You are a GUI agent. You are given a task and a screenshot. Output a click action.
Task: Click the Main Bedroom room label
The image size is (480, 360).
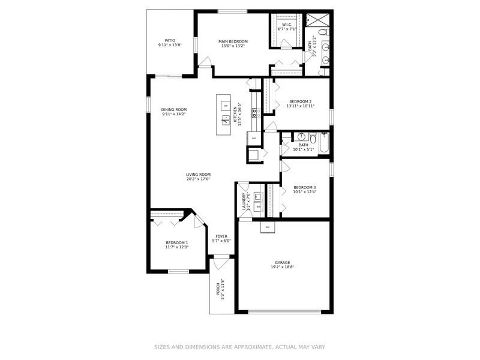pos(233,41)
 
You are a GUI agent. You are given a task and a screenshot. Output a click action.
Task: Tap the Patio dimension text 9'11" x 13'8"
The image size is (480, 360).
pos(170,45)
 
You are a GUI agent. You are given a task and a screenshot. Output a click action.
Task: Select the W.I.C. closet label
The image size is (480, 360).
pos(286,25)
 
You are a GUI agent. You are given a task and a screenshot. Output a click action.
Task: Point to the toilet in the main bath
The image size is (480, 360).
pos(322,32)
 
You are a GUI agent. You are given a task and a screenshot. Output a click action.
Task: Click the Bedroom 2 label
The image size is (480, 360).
pos(300,101)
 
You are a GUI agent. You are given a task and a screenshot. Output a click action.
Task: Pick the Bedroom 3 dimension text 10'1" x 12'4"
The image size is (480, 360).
pos(304,192)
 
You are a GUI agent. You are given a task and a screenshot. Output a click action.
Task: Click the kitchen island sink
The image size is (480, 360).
pos(226,121)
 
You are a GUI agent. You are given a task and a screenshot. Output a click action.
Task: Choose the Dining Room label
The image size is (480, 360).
pos(174,109)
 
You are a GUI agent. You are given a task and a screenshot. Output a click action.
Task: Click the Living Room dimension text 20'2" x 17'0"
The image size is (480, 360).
pos(198,179)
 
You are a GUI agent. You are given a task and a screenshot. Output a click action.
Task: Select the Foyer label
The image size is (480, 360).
pos(222,236)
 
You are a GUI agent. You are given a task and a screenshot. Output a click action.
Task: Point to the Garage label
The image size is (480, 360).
pos(283,262)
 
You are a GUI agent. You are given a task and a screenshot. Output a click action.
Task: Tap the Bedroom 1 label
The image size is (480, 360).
pos(177,242)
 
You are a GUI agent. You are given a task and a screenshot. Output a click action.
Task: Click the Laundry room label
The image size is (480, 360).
pos(244,200)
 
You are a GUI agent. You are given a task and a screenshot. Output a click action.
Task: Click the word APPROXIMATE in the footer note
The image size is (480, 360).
pos(250,347)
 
